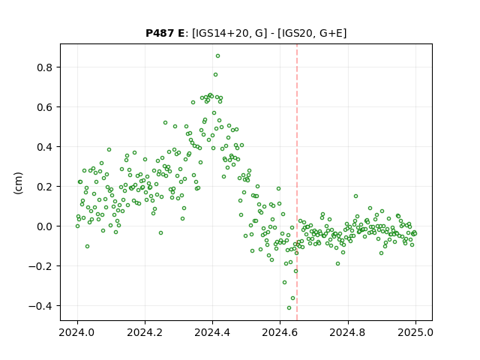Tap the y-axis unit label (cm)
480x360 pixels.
18,183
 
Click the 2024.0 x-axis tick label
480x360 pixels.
77,332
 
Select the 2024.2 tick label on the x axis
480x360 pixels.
145,332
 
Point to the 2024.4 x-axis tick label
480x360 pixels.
212,332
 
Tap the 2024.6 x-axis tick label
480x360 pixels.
280,332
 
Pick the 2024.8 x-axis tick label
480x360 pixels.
348,332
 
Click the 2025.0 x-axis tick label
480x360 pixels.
415,332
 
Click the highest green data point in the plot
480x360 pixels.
217,56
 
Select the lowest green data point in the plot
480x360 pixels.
289,308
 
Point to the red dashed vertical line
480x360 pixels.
297,182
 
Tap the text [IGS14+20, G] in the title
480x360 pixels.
227,33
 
